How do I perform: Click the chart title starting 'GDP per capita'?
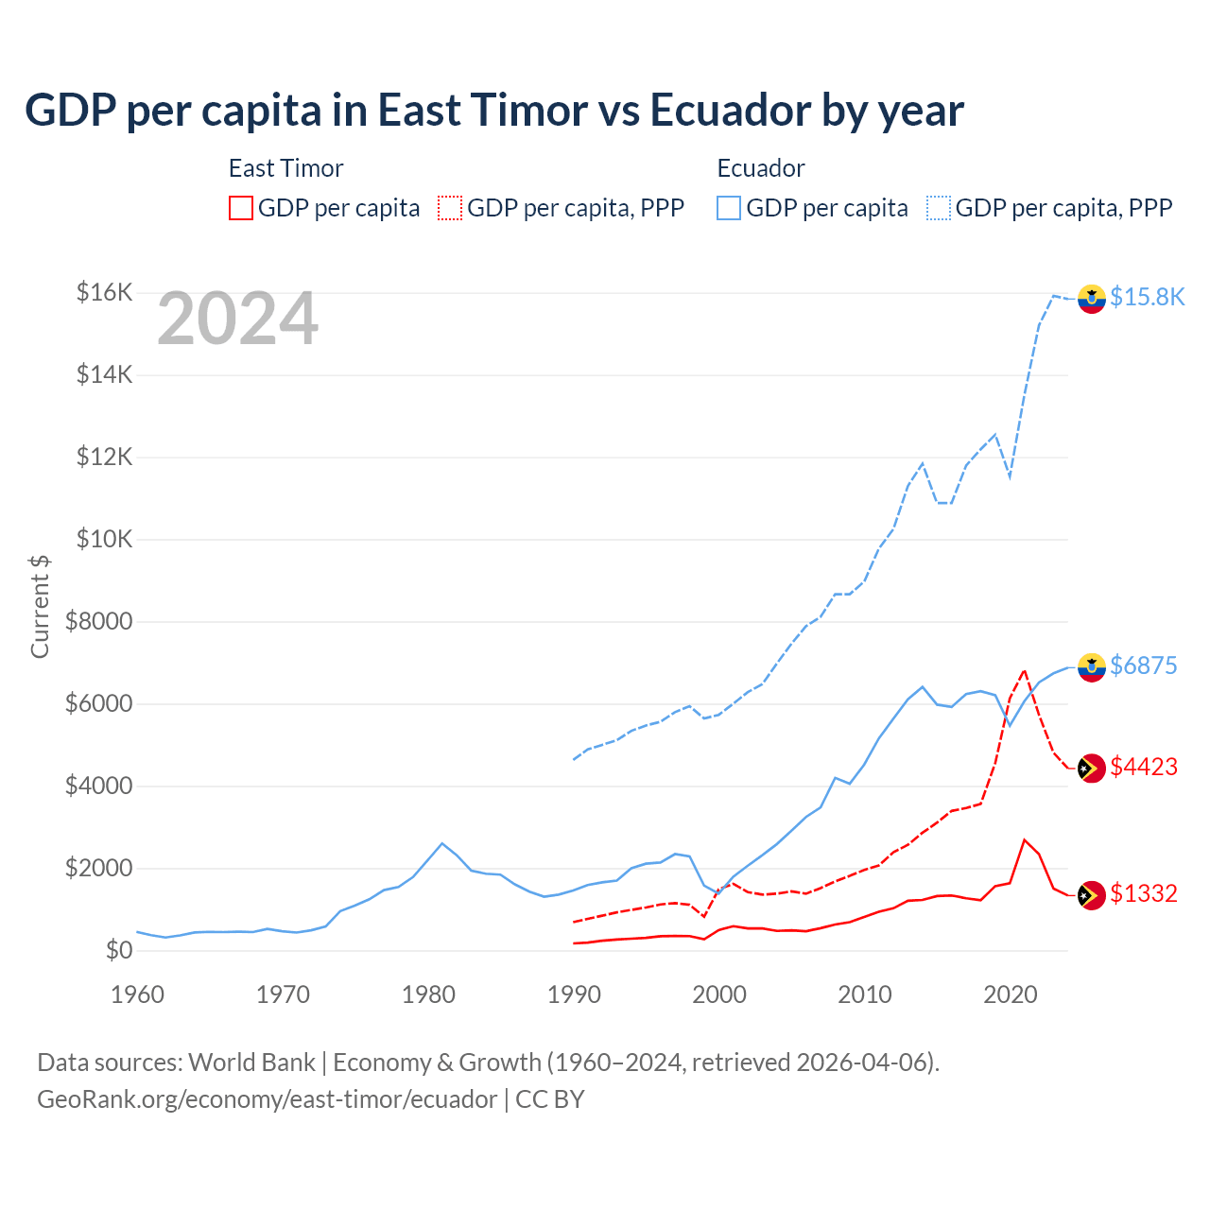[493, 111]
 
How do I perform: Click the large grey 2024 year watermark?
[237, 320]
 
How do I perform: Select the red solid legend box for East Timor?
[241, 208]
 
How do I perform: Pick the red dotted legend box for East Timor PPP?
[450, 208]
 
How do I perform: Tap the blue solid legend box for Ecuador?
[729, 208]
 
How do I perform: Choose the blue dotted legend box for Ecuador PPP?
[939, 208]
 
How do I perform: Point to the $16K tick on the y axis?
[104, 292]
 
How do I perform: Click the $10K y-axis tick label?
[104, 539]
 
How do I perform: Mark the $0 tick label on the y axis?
[118, 950]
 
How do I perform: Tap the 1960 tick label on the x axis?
[138, 994]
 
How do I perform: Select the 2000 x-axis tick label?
[719, 994]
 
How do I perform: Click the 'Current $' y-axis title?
[40, 606]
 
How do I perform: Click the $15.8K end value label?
[1147, 297]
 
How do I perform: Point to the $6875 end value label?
[1143, 665]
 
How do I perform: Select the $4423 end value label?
[1143, 767]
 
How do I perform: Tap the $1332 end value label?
[1143, 893]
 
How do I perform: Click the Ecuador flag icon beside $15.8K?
[1092, 298]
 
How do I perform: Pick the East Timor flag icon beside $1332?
[1092, 894]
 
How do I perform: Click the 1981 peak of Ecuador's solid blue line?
[442, 843]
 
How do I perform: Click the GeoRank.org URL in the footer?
[267, 1099]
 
